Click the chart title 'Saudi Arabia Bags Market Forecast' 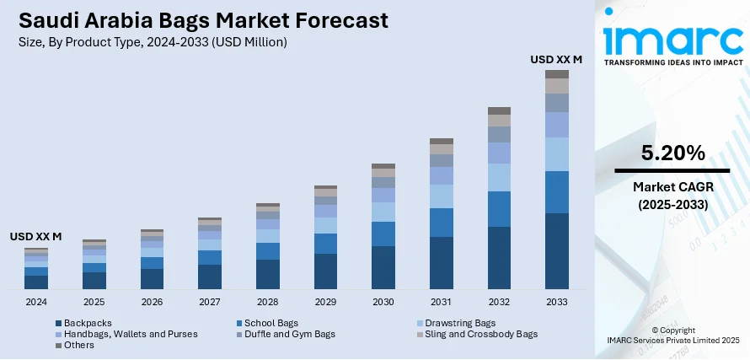coord(200,19)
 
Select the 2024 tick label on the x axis coord(36,301)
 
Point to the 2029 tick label coord(325,301)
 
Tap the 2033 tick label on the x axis coord(556,301)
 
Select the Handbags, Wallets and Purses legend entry coord(126,334)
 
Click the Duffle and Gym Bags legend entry coord(288,334)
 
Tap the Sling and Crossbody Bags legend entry coord(477,334)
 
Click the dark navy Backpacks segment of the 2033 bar coord(556,250)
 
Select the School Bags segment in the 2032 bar coord(499,209)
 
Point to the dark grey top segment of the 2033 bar coord(556,74)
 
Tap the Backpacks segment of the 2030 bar coord(383,267)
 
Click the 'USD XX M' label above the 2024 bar coord(35,237)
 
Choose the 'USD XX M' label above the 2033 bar coord(556,59)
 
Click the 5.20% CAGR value coord(672,153)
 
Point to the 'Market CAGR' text coord(672,187)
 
